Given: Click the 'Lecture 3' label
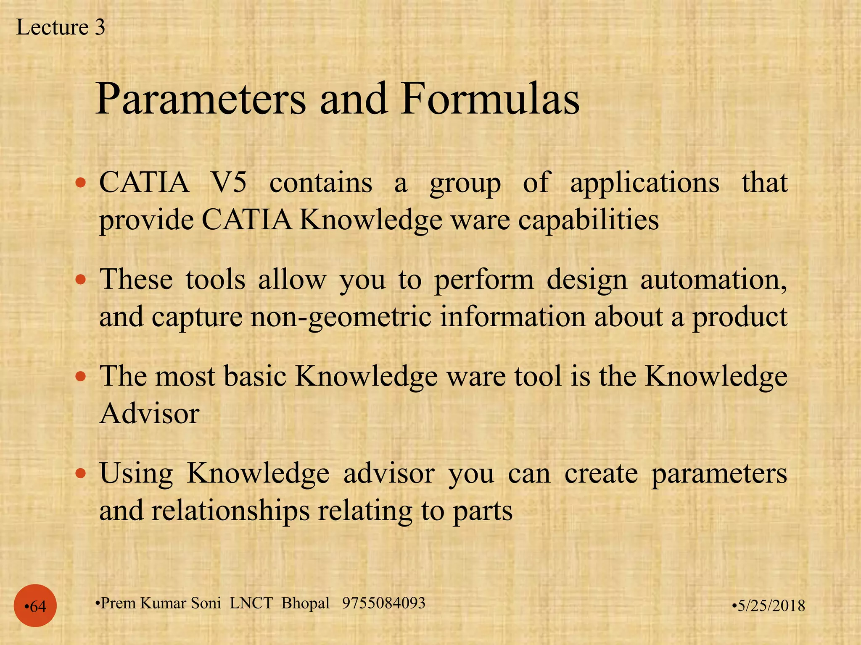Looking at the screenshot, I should [61, 28].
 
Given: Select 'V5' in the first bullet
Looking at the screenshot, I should [229, 183].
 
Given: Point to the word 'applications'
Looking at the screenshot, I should [644, 184].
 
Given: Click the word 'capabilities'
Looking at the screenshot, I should [588, 220].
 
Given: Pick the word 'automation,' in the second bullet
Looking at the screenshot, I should [713, 280].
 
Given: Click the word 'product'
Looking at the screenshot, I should [740, 317].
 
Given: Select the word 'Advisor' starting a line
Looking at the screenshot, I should [149, 414].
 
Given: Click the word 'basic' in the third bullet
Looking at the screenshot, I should [255, 376].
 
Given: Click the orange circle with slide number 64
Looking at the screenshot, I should [35, 606].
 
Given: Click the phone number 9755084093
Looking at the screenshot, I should [383, 603].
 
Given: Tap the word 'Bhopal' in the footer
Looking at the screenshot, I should [305, 603].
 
